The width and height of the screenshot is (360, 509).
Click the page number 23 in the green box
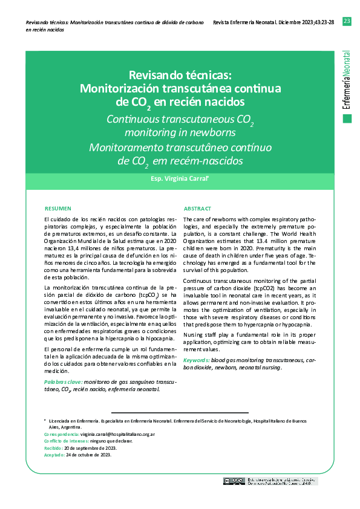pos(347,22)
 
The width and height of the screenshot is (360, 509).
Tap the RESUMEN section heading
pos(58,207)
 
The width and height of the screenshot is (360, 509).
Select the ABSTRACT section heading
pos(197,207)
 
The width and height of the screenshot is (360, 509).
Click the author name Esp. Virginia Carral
pos(179,180)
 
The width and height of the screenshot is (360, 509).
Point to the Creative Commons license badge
pos(234,481)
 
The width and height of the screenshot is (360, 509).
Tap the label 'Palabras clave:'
pos(64,383)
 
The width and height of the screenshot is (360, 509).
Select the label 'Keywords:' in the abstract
pos(196,360)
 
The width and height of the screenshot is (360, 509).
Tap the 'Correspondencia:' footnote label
pos(62,434)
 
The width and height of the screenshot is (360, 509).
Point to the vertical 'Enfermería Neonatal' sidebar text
pos(347,79)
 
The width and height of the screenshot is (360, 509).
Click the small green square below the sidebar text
pos(347,118)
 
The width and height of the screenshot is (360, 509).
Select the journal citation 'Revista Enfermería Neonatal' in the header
pos(241,22)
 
